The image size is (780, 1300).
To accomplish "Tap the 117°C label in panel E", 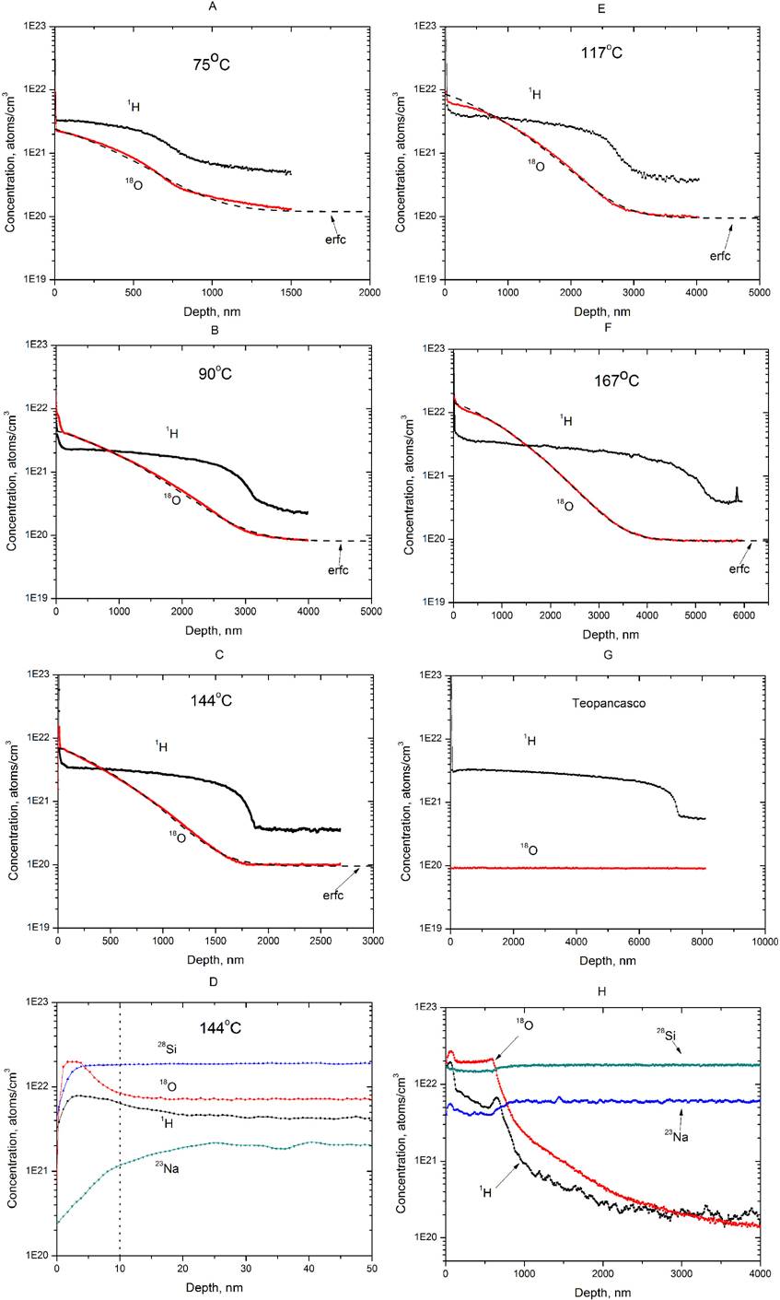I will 603,53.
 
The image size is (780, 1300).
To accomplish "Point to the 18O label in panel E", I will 531,140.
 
